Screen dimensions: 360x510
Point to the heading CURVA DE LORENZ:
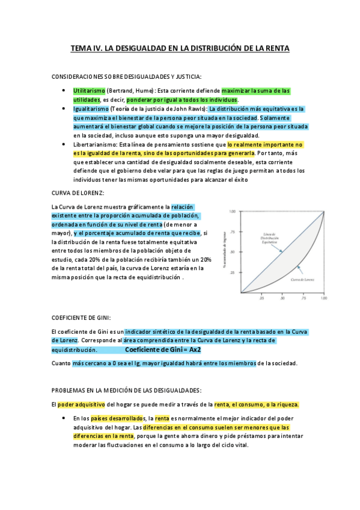point(78,192)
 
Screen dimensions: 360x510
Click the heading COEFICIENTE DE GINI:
point(81,317)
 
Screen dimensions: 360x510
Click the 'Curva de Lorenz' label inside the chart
point(304,279)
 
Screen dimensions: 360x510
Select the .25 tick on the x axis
point(261,298)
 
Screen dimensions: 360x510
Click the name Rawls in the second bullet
point(194,109)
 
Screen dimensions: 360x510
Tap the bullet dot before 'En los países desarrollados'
point(64,418)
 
